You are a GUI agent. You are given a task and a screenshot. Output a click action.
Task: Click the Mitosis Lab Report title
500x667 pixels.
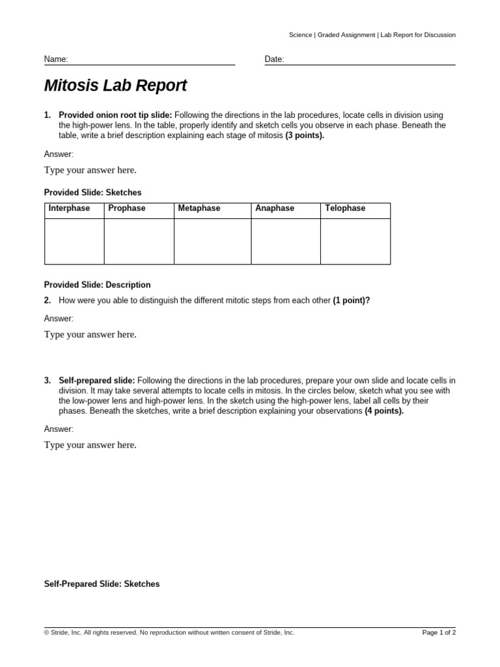click(x=115, y=86)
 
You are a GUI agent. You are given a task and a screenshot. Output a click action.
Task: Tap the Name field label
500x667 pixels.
click(x=56, y=59)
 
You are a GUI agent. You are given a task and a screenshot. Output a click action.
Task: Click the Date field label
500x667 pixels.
click(x=274, y=59)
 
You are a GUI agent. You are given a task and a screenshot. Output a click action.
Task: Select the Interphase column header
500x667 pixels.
click(x=69, y=208)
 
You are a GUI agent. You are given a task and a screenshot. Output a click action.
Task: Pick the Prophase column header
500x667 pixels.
click(x=127, y=208)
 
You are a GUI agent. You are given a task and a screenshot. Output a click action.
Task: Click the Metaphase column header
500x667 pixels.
click(x=199, y=208)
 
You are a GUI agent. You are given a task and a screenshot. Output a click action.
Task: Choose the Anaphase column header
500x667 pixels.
click(x=275, y=208)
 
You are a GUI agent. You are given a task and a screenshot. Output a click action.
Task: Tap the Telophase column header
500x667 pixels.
click(x=345, y=208)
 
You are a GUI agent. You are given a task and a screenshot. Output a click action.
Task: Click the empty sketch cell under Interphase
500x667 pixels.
click(x=74, y=241)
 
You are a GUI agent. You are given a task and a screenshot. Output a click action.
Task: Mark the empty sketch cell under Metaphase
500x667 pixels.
click(x=212, y=241)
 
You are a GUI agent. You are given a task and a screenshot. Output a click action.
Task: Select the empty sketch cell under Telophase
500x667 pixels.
click(x=355, y=241)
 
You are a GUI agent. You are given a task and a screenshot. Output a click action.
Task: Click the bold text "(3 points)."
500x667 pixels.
click(x=305, y=135)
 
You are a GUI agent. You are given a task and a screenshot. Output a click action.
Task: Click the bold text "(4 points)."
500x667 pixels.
click(x=384, y=411)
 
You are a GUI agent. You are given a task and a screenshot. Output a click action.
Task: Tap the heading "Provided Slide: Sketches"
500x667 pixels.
click(x=92, y=193)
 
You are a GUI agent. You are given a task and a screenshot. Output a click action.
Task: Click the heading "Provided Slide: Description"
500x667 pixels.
click(x=97, y=285)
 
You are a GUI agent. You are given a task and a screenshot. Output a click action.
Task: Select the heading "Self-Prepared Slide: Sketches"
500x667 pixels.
click(x=102, y=584)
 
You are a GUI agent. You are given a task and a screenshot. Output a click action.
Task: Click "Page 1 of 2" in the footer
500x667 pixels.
click(x=439, y=632)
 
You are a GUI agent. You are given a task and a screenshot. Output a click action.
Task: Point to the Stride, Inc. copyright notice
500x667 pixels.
click(x=169, y=632)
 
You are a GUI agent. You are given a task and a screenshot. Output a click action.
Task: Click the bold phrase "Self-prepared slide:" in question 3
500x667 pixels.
click(x=97, y=380)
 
